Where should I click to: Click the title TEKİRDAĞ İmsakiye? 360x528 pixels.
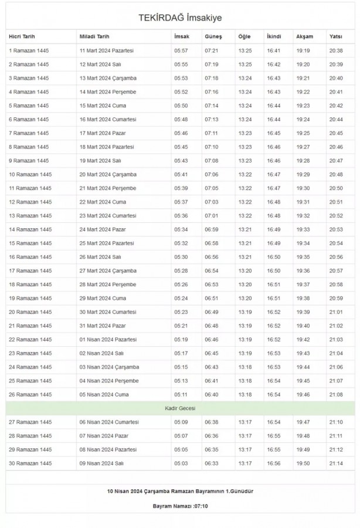coord(180,18)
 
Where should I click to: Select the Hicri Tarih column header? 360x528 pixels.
coord(22,37)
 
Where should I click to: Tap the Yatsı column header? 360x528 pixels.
coord(335,37)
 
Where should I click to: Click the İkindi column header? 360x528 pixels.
coord(273,37)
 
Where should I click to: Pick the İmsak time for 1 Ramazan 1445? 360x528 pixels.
coord(181,51)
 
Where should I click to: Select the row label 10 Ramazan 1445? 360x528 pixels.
coord(29,174)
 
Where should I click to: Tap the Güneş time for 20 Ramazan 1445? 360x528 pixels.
coord(212,312)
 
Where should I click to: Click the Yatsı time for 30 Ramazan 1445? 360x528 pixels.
coord(336,463)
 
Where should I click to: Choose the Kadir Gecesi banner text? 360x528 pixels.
coord(180,408)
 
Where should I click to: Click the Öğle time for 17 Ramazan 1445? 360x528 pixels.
coord(245,270)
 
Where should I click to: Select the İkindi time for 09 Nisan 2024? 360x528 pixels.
coord(274,463)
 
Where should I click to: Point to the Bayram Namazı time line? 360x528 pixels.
coord(180,506)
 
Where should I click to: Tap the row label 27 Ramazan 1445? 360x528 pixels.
coord(29,422)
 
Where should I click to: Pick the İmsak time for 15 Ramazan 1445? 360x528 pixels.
coord(181,243)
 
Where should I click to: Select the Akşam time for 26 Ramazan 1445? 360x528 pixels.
coord(303,395)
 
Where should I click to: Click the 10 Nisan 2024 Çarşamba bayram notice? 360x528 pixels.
coord(180,490)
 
